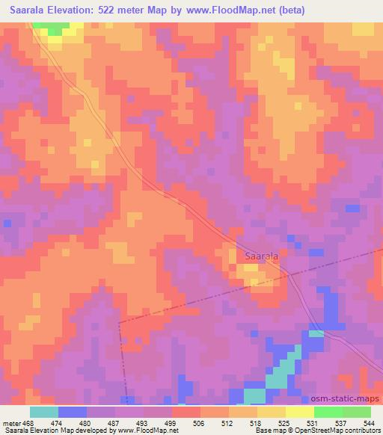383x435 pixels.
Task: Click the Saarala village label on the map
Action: (262, 256)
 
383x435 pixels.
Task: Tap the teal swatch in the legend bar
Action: (44, 412)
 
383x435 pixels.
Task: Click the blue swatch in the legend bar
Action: (73, 412)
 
